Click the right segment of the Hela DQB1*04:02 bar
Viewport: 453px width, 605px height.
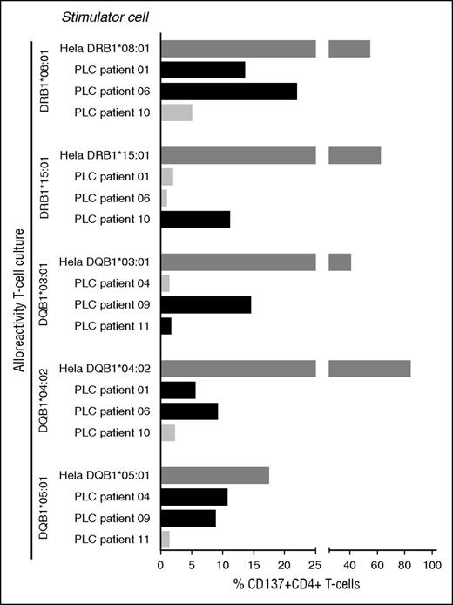pos(369,369)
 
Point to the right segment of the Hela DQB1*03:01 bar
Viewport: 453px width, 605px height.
pos(340,262)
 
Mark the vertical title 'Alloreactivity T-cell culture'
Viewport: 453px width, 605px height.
pos(17,300)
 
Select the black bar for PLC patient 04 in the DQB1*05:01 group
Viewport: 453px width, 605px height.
pos(194,497)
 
